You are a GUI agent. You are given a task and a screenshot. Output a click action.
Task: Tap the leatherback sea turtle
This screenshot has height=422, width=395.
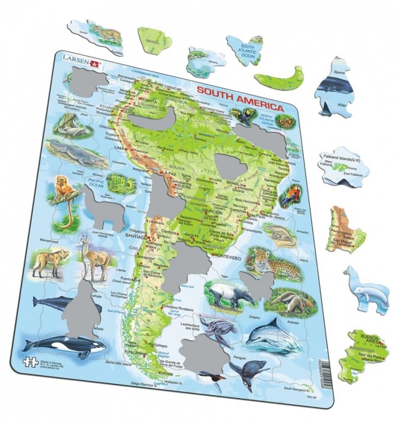pyautogui.click(x=219, y=326)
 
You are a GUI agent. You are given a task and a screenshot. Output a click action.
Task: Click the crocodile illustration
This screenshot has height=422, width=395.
pyautogui.click(x=76, y=153)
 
